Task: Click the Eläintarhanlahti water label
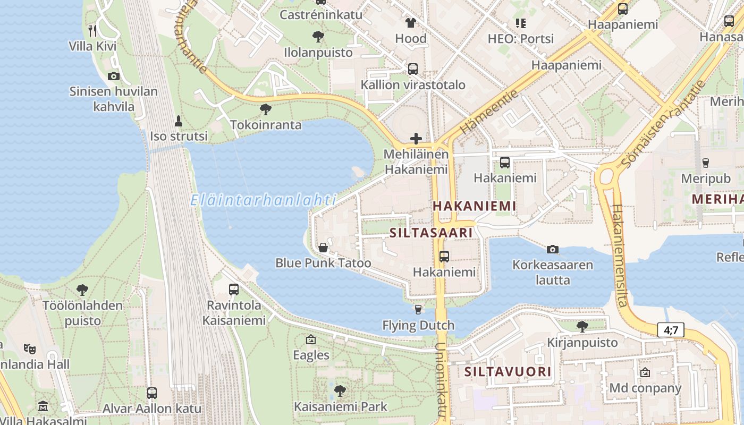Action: pyautogui.click(x=264, y=200)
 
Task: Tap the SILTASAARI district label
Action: pyautogui.click(x=431, y=233)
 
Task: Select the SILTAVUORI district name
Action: pyautogui.click(x=508, y=371)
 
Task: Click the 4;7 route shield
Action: pyautogui.click(x=671, y=330)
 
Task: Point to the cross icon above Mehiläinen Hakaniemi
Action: pyautogui.click(x=416, y=139)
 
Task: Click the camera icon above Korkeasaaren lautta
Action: pyautogui.click(x=553, y=249)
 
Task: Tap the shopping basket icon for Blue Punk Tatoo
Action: pyautogui.click(x=323, y=248)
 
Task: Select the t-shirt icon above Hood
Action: pyautogui.click(x=411, y=23)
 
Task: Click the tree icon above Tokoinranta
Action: pyautogui.click(x=265, y=109)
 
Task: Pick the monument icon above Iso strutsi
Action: pyautogui.click(x=179, y=121)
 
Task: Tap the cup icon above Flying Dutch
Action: pyautogui.click(x=418, y=310)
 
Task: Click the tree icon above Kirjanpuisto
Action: pyautogui.click(x=582, y=326)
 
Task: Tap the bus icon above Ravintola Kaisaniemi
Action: pyautogui.click(x=234, y=290)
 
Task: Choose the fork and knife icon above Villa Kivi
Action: pyautogui.click(x=92, y=30)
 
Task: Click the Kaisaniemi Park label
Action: pyautogui.click(x=341, y=407)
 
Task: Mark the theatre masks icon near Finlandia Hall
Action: pyautogui.click(x=30, y=349)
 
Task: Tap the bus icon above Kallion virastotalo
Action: pyautogui.click(x=413, y=69)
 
